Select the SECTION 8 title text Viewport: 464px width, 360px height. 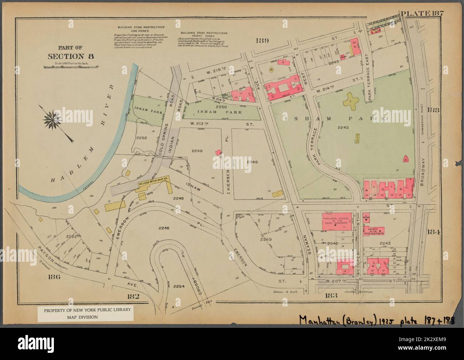pos(70,56)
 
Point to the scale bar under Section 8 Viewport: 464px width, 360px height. pos(71,67)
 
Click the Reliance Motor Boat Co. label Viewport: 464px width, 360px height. pos(151,182)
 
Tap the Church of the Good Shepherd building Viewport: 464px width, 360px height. pos(374,231)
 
